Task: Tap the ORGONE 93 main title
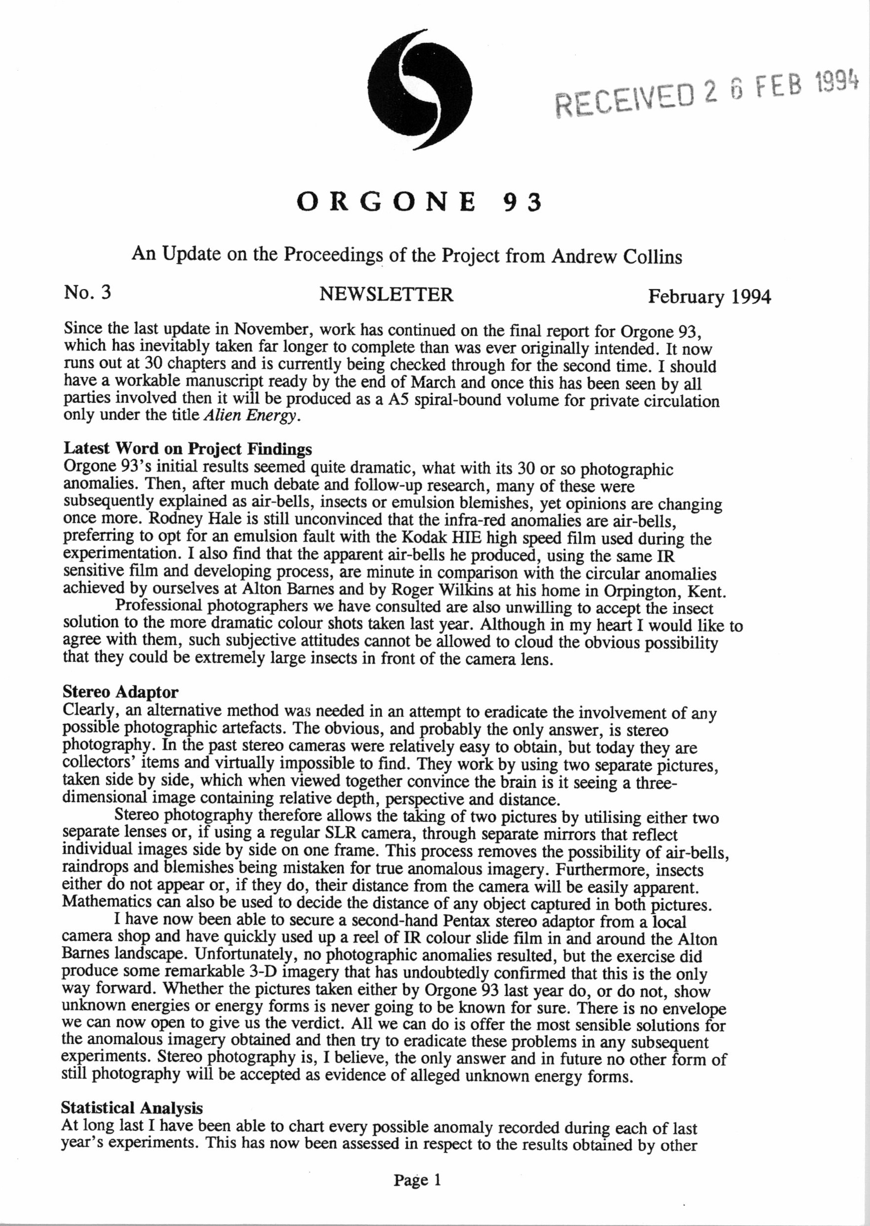pos(420,203)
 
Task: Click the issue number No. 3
pos(87,293)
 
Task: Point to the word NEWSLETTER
pos(386,294)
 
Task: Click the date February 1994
pos(709,296)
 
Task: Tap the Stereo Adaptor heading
pos(121,692)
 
